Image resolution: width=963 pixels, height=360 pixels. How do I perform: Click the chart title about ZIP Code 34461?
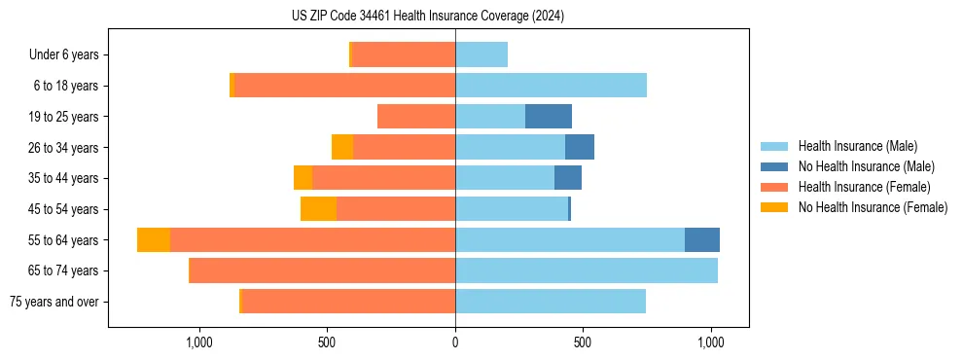coord(428,17)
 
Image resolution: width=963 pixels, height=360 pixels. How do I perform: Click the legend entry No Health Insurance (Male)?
coord(866,166)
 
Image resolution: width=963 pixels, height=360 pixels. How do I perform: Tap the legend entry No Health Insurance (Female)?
coord(873,207)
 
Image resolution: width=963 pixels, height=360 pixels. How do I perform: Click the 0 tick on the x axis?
coord(455,342)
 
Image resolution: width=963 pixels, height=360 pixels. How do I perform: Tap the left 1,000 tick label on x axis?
coord(198,342)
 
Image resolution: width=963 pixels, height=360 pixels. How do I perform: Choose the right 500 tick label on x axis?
coord(583,342)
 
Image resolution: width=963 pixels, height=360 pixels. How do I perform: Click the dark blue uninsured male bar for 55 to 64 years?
coord(702,240)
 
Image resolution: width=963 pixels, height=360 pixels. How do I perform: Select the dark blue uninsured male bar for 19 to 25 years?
coord(549,117)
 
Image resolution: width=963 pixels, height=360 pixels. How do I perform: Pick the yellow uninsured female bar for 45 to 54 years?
coord(318,209)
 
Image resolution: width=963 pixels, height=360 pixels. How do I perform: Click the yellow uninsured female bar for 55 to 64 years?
coord(154,240)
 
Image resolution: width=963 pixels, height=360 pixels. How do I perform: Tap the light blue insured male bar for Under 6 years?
coord(481,55)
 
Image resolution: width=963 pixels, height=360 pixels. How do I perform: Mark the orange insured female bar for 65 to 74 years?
coord(322,270)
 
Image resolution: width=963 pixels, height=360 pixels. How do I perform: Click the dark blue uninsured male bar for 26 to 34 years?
coord(580,148)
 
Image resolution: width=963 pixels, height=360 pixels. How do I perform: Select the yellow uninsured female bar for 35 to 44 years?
coord(303,178)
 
